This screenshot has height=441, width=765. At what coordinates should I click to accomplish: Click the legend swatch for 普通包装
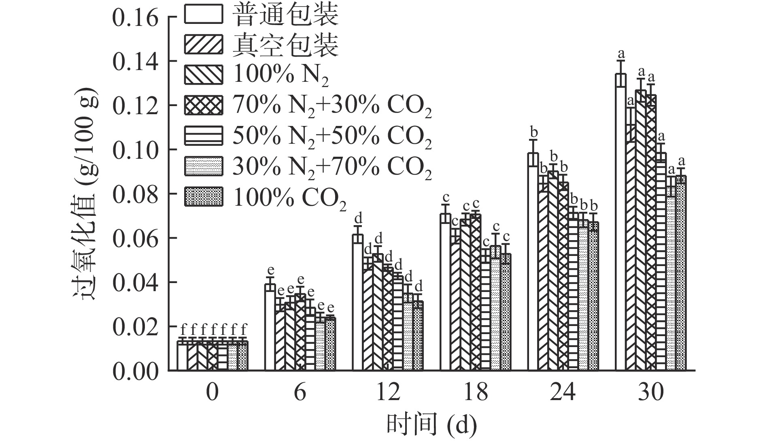coord(203,14)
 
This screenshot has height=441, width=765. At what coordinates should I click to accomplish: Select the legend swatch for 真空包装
coord(203,45)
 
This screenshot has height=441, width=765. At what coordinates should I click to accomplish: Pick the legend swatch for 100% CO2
coord(203,196)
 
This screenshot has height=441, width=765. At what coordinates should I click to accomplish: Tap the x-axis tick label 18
coord(476,392)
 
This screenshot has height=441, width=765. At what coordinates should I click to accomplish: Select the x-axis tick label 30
coord(651,392)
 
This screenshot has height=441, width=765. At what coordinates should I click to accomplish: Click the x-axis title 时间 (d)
coord(431,425)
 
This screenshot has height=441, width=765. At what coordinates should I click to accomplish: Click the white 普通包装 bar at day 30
coord(620,223)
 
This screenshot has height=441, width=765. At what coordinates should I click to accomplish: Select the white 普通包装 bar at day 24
coord(533,263)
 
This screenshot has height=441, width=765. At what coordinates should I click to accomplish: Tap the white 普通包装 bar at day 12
coord(357,304)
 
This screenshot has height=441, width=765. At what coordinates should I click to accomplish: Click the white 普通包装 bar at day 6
coord(270,328)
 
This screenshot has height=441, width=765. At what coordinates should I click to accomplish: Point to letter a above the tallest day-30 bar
coord(621,53)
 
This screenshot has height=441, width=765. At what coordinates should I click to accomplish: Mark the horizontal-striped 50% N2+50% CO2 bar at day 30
coord(661,263)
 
